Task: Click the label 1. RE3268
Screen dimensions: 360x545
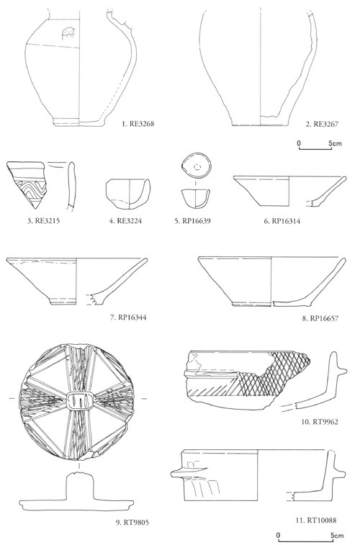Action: tap(138, 124)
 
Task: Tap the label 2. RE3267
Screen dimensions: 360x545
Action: tap(322, 124)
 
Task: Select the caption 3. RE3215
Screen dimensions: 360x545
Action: tap(43, 221)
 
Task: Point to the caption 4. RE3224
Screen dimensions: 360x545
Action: tap(125, 221)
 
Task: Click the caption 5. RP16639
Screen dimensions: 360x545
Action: tap(192, 221)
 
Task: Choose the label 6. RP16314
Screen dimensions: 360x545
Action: tap(282, 221)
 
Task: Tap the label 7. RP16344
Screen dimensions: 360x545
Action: tap(128, 317)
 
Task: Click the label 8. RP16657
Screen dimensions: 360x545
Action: tap(320, 318)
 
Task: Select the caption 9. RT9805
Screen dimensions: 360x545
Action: tap(132, 523)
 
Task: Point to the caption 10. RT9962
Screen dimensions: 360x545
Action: tap(320, 423)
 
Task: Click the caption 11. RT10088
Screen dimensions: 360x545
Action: tap(316, 521)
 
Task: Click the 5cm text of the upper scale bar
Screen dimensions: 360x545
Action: tap(335, 143)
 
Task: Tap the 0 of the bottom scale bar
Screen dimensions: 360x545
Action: tap(278, 535)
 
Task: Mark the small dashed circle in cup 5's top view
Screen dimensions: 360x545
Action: tap(198, 167)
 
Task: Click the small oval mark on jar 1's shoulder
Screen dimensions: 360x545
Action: tap(68, 33)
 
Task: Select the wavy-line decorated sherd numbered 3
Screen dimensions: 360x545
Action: tap(27, 184)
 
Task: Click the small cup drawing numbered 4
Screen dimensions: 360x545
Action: tap(128, 194)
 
